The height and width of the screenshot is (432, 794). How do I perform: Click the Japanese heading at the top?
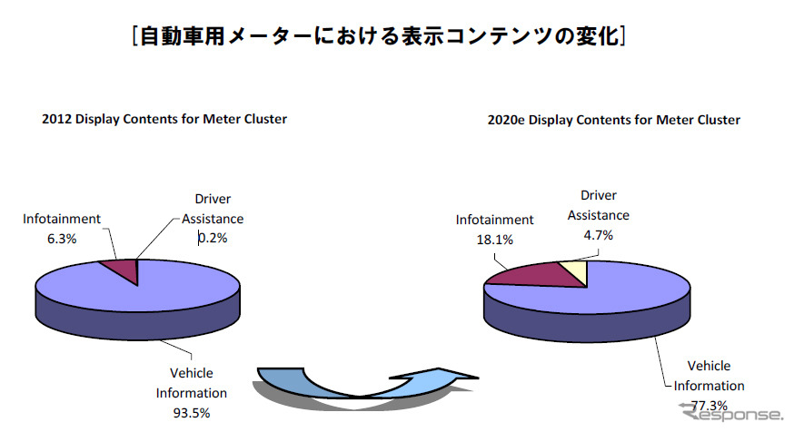click(376, 36)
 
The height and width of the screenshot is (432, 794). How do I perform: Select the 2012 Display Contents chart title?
click(164, 119)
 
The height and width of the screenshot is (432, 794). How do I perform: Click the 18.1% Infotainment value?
click(493, 240)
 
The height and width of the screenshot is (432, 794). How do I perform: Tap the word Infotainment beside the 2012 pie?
click(62, 218)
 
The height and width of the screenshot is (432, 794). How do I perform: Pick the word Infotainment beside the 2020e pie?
click(494, 220)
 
